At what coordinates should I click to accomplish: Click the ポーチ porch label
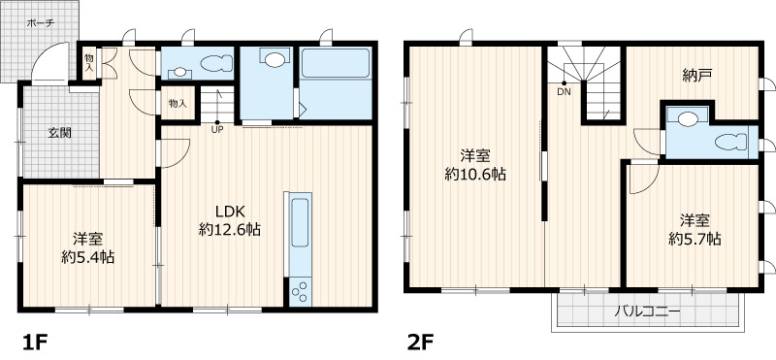(41, 22)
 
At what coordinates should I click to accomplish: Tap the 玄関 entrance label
(59, 133)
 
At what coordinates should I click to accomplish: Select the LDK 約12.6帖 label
(230, 220)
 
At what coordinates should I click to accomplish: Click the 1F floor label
(35, 342)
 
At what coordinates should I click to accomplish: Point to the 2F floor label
(421, 342)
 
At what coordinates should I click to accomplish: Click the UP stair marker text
(216, 130)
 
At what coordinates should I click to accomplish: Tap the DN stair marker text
(564, 91)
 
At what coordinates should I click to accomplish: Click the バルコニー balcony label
(648, 311)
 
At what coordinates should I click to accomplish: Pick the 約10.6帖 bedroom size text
(475, 175)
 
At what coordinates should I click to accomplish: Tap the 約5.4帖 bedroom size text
(87, 257)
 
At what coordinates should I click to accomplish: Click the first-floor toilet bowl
(216, 62)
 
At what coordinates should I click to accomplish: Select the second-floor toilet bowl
(730, 142)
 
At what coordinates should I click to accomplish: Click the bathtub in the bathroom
(336, 63)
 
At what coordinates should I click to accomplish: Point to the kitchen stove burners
(300, 291)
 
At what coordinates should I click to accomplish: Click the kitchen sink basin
(300, 222)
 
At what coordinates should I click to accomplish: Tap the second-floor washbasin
(688, 118)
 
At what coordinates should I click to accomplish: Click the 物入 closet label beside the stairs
(178, 104)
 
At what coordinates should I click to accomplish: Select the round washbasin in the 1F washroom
(275, 60)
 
